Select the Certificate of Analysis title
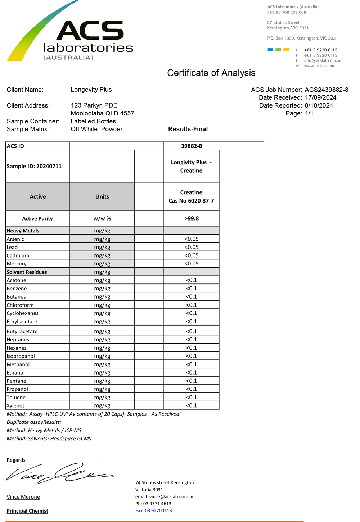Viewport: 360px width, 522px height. [211, 73]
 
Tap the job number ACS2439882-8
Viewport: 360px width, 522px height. [326, 90]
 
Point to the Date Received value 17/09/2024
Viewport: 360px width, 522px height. [320, 97]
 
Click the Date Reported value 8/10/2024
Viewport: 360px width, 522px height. [319, 105]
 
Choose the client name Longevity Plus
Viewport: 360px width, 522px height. [91, 90]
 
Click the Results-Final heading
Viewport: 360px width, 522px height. [188, 129]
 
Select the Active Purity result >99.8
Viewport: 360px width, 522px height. [191, 218]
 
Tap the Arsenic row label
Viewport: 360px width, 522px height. [15, 239]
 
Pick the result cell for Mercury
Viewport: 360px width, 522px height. [191, 264]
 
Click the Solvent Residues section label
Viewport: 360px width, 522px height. [27, 272]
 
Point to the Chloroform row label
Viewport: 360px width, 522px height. [20, 305]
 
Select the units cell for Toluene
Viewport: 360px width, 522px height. [102, 397]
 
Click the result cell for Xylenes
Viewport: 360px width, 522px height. [191, 405]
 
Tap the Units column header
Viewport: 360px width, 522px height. [102, 196]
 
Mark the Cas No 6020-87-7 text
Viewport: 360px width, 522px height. [191, 201]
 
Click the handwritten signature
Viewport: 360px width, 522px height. [59, 472]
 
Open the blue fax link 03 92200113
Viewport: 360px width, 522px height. [153, 510]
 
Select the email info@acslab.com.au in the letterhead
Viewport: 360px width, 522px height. [322, 60]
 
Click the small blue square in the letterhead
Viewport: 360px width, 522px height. [270, 50]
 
